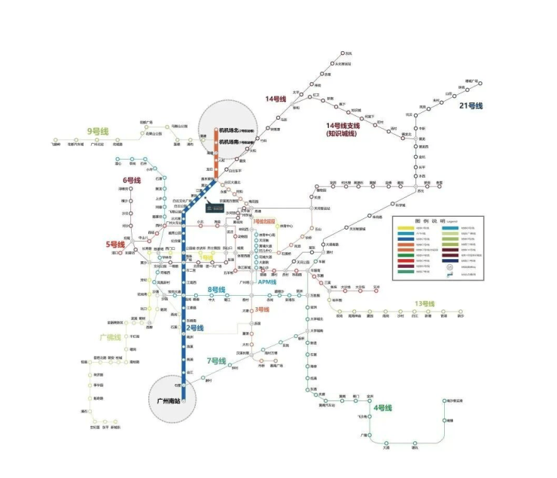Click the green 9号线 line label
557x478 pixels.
98,132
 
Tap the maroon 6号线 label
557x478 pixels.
132,181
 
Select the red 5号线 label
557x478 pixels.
114,244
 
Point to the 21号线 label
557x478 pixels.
471,105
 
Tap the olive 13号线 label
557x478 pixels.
425,304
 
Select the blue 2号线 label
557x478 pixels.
195,328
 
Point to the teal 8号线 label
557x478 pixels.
217,290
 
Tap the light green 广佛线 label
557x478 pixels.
110,336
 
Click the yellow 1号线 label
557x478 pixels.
207,256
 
